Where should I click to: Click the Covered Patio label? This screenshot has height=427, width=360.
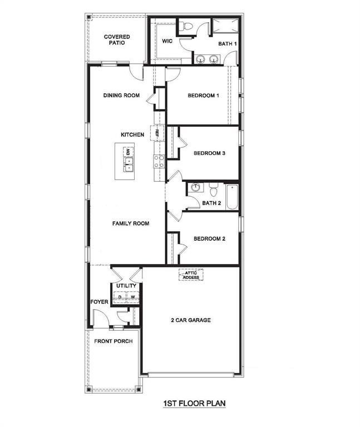(117, 40)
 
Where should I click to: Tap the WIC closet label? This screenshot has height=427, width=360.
(167, 41)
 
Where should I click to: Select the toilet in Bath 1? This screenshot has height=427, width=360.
(188, 26)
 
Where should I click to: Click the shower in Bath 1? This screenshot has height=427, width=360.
(225, 26)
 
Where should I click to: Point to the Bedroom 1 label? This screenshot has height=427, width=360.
(203, 96)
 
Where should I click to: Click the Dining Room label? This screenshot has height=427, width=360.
(121, 96)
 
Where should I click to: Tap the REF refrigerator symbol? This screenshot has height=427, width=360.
(157, 133)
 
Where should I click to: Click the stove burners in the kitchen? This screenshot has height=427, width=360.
(159, 161)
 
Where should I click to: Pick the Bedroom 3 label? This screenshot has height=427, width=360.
(209, 153)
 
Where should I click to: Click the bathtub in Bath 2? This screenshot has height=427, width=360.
(231, 196)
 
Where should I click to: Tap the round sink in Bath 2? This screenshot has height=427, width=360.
(195, 187)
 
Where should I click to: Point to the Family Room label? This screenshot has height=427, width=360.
(131, 224)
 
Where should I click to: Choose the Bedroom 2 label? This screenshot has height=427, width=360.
(209, 239)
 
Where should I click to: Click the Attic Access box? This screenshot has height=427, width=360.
(191, 275)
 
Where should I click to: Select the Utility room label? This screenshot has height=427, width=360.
(126, 286)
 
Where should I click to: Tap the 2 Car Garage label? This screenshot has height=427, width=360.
(190, 320)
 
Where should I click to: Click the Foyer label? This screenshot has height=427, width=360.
(99, 302)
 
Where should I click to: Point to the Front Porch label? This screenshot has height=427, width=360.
(113, 341)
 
